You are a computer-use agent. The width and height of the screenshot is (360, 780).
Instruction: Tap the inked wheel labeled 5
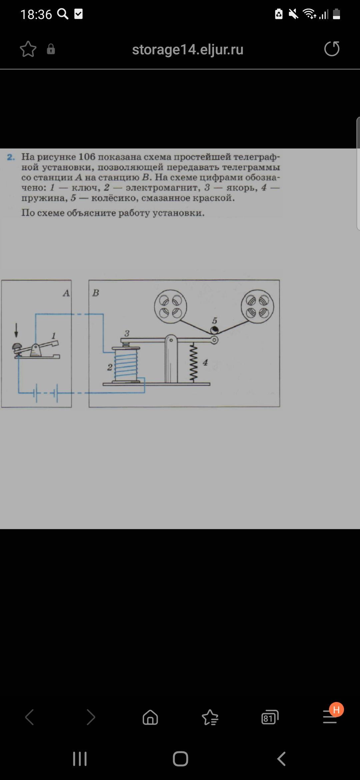214,330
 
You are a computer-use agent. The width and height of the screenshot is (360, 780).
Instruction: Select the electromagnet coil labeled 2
126,364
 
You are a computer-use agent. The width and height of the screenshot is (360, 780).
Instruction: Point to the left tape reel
170,307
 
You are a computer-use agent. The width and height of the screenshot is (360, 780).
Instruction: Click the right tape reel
257,307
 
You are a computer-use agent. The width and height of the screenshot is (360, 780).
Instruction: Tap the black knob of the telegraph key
16,347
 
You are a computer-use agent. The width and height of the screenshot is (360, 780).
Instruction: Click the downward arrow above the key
16,330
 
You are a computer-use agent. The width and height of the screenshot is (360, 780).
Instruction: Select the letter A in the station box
66,293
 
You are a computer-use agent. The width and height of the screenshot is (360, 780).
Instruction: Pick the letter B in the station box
96,293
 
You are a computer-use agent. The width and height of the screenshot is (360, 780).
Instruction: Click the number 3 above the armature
127,333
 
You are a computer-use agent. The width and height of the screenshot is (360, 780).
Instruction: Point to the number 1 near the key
54,336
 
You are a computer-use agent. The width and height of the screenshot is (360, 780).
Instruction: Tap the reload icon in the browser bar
332,49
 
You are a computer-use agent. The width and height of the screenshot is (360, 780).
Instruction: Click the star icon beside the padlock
28,49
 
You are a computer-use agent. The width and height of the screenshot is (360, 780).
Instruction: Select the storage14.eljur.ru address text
188,49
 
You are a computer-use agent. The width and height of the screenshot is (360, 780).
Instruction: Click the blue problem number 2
11,157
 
